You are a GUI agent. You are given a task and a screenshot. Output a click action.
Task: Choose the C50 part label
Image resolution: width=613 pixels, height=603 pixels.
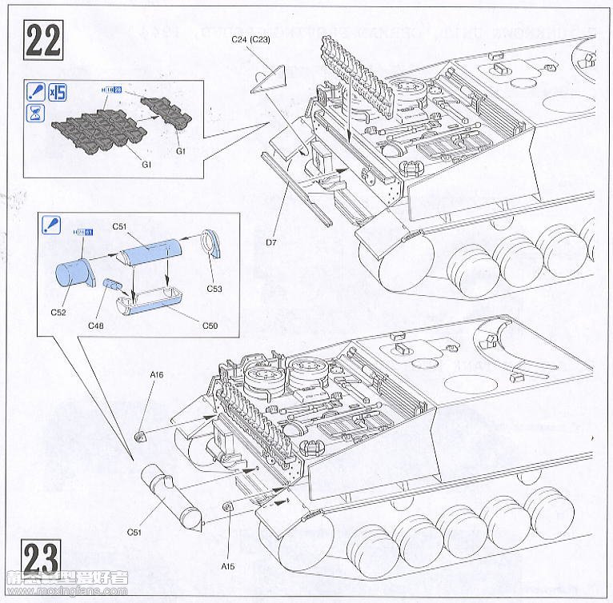pos(210,325)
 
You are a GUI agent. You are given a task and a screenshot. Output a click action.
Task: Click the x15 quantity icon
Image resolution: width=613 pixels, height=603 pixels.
pos(57,91)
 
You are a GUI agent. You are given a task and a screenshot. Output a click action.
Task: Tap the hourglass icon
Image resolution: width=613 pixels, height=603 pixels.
pos(35,113)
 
